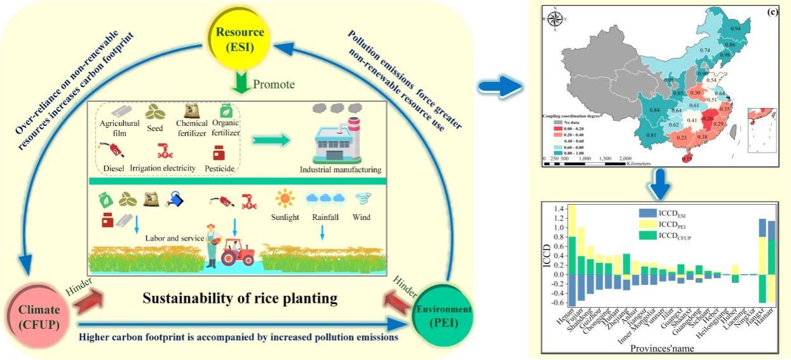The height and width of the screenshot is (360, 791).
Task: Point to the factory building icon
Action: point(333,141)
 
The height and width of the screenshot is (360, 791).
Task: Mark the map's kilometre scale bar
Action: point(585,163)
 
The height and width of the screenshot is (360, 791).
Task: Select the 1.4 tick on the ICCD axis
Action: point(554,209)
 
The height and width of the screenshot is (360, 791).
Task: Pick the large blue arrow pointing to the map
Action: point(497,88)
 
